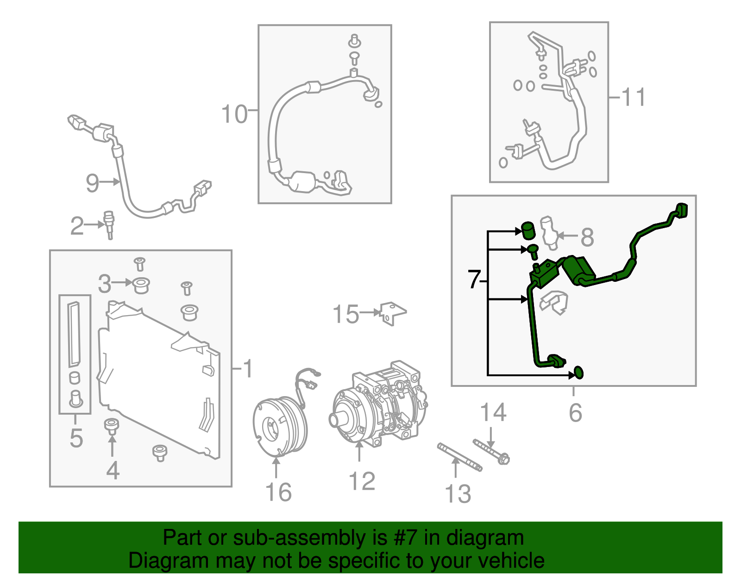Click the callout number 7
click(x=474, y=280)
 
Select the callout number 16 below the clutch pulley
click(x=278, y=492)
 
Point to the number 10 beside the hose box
click(x=234, y=114)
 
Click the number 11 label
click(x=633, y=98)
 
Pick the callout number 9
click(x=92, y=183)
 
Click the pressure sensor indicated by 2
click(x=110, y=225)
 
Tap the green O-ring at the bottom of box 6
click(x=578, y=372)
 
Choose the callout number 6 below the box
click(x=575, y=412)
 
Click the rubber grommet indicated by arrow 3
click(x=141, y=285)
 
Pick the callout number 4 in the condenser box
click(x=113, y=470)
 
